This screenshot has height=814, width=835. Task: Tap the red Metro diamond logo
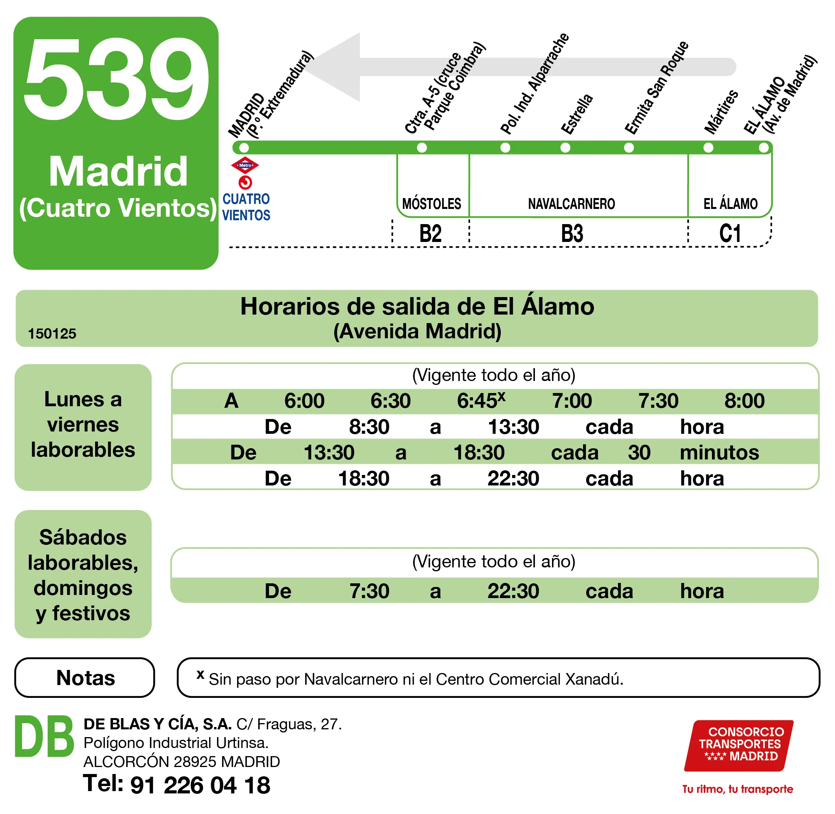(x=245, y=165)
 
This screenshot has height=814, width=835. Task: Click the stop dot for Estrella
(x=565, y=148)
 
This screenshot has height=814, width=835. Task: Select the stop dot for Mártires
(x=708, y=148)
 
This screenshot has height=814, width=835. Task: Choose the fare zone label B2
(x=431, y=233)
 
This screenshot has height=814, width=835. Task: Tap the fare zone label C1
(x=730, y=233)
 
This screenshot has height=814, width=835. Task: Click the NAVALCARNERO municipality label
(x=571, y=204)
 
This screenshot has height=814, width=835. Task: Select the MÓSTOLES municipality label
(x=432, y=204)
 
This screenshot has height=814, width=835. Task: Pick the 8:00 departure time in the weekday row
(x=745, y=400)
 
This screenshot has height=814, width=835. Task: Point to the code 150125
(x=52, y=334)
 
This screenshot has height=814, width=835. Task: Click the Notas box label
(x=85, y=678)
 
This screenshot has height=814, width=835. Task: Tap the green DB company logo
(x=44, y=736)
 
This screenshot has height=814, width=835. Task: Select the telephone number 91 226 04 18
(x=200, y=785)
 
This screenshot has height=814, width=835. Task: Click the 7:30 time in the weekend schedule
(x=369, y=591)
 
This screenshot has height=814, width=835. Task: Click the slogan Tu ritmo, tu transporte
(x=738, y=789)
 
